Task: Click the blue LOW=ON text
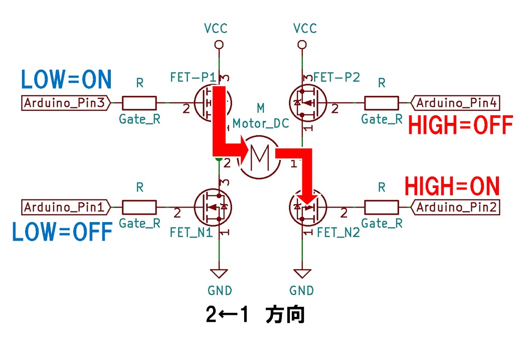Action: tap(66, 79)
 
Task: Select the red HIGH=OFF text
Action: tap(460, 125)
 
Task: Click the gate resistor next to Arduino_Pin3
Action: tap(139, 103)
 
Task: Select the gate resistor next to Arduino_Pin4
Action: tap(382, 103)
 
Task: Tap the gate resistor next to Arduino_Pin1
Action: tap(139, 207)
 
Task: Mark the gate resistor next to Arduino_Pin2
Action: tap(382, 207)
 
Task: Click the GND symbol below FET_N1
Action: tap(219, 274)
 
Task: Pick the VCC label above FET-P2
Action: tap(302, 29)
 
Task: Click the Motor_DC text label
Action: tap(261, 123)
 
